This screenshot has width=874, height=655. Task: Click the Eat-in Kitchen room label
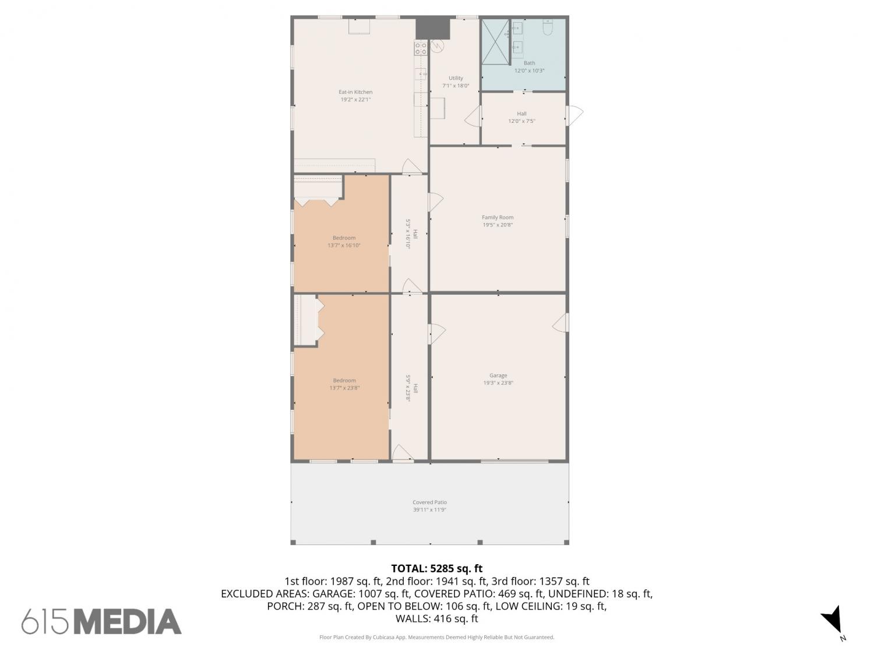(x=355, y=92)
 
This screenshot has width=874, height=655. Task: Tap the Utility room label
(x=456, y=78)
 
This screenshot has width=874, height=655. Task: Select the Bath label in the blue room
(x=529, y=63)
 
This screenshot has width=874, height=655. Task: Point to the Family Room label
(x=498, y=217)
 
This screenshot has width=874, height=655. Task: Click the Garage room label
(x=498, y=376)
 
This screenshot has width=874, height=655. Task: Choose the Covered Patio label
(x=429, y=502)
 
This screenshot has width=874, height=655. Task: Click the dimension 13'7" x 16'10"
(x=344, y=245)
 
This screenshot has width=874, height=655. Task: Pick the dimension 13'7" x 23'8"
(x=344, y=388)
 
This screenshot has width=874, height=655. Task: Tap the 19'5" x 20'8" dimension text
(x=498, y=225)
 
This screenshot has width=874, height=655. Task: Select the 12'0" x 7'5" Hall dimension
(x=521, y=121)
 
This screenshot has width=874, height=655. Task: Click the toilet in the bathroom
(x=548, y=27)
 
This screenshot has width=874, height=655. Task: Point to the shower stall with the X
(x=495, y=42)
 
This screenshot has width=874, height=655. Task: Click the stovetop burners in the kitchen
(x=421, y=48)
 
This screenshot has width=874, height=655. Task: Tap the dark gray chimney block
(x=433, y=28)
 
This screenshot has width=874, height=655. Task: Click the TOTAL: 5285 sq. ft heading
(x=437, y=568)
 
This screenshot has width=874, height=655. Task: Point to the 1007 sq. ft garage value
(x=384, y=594)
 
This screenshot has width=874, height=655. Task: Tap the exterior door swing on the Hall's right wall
(x=575, y=115)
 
